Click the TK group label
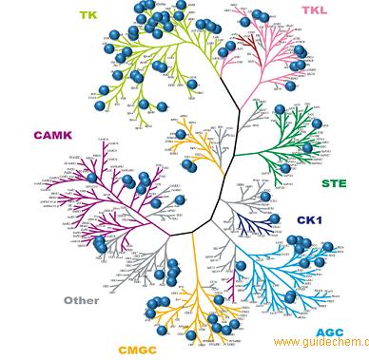coord(88,15)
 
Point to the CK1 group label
coord(310,220)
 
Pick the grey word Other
coord(82,300)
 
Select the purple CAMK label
coord(52,135)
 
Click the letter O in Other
coord(69,300)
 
